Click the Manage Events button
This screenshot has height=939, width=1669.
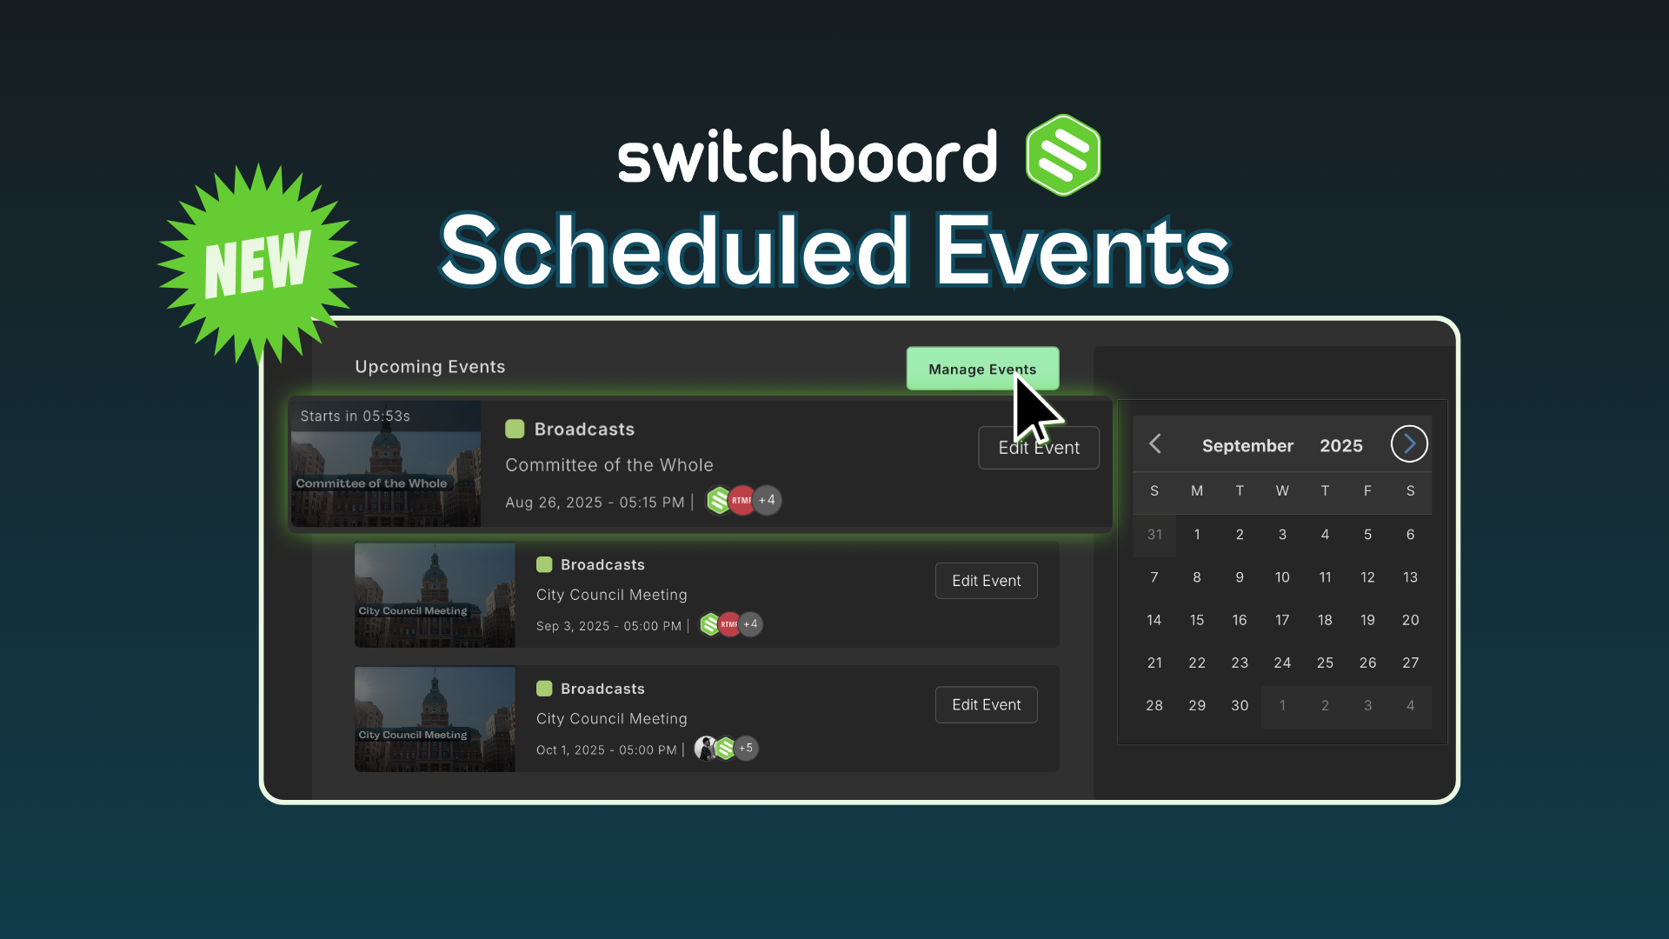coord(982,369)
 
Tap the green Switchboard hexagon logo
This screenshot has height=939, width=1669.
coord(1063,155)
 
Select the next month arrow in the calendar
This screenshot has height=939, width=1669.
coord(1409,444)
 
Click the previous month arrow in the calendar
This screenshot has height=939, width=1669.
coord(1155,444)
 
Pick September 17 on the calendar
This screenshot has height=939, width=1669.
coord(1282,620)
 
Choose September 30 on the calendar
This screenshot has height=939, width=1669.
coord(1240,705)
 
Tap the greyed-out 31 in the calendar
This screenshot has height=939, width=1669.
coord(1154,535)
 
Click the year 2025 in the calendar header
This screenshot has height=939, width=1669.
coord(1341,446)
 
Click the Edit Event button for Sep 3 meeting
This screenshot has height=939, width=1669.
coord(987,581)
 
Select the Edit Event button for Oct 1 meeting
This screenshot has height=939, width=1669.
coord(987,705)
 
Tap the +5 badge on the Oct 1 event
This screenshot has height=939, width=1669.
coord(746,748)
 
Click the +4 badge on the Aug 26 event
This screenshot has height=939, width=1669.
coord(767,500)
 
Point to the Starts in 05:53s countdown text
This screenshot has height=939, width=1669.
coord(356,416)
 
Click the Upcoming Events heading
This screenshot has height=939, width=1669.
coord(430,367)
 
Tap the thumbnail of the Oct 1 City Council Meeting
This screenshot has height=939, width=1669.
coord(435,719)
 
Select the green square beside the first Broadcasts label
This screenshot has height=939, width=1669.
coord(515,429)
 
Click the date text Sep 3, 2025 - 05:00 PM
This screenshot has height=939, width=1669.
coord(608,626)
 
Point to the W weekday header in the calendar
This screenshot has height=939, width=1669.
coord(1282,491)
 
